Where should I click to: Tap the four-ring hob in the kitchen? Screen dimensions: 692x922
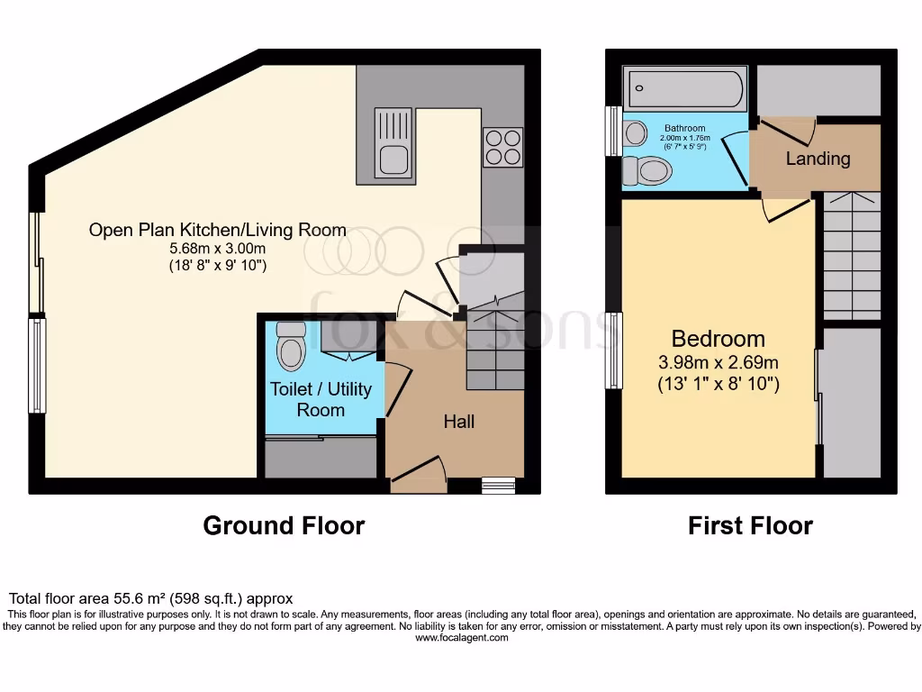(x=502, y=147)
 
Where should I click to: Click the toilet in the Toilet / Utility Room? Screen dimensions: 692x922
(x=291, y=348)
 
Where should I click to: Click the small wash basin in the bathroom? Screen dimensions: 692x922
(x=635, y=133)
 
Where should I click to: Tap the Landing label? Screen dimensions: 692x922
(x=818, y=159)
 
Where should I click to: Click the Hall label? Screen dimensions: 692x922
(x=458, y=422)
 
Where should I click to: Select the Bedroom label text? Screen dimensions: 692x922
(x=719, y=339)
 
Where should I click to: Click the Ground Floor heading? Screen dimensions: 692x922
(x=284, y=525)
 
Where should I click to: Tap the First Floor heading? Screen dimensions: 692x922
(x=750, y=525)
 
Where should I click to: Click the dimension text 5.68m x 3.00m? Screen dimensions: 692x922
(x=217, y=249)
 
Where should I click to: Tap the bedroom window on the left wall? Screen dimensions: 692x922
(x=614, y=351)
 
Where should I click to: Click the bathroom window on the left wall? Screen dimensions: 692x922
(x=613, y=132)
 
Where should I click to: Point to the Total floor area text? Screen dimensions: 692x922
(x=150, y=598)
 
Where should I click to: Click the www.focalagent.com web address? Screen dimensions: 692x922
(x=461, y=638)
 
